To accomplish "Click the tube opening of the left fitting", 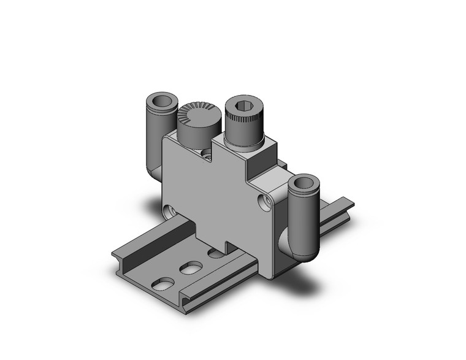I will (161, 101).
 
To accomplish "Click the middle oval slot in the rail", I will (191, 267).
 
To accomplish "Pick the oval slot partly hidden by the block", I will (215, 253).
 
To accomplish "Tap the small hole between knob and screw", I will (207, 157).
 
